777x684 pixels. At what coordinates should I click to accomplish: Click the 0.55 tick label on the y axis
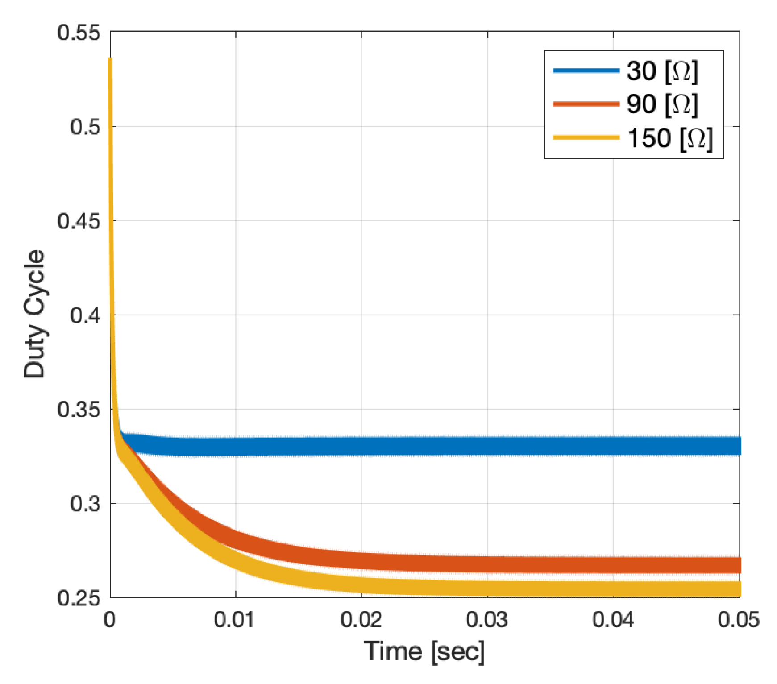[79, 33]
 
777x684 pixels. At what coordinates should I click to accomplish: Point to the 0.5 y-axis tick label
[85, 127]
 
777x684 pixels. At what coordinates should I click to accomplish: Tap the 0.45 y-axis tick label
[79, 221]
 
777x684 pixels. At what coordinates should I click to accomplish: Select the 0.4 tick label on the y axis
[85, 315]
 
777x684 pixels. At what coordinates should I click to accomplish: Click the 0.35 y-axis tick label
[79, 410]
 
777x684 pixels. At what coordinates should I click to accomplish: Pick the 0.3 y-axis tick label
[85, 504]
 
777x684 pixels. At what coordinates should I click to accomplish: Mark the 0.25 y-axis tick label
[79, 598]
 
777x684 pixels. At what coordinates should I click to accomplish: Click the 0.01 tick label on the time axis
[234, 620]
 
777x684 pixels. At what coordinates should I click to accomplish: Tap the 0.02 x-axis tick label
[361, 620]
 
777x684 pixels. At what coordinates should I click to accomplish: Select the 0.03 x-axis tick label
[487, 620]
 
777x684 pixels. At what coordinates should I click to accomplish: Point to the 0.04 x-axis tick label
[613, 620]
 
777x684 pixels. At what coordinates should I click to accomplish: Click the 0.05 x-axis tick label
[738, 620]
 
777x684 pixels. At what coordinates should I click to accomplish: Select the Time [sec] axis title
[424, 651]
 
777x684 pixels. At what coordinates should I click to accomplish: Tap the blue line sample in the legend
[586, 70]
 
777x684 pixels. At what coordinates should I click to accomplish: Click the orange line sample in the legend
[586, 104]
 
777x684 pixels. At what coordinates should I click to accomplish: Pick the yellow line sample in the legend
[586, 137]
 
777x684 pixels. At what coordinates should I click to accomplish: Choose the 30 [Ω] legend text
[662, 70]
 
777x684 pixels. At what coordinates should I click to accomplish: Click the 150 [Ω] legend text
[669, 138]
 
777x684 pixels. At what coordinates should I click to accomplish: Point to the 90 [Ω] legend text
[662, 104]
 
